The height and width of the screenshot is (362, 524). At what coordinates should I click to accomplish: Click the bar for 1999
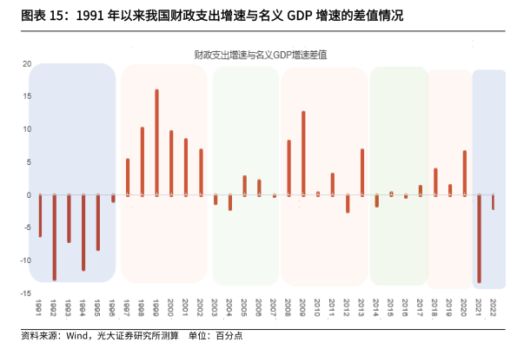pos(156,142)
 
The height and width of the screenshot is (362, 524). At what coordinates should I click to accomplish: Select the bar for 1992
pos(54,237)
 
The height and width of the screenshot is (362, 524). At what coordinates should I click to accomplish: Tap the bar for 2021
pos(479,238)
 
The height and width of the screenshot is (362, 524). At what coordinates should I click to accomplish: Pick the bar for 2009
pos(303,153)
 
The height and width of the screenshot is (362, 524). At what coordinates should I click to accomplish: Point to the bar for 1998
pos(142,161)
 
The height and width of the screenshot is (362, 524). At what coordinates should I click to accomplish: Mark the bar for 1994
pos(83,233)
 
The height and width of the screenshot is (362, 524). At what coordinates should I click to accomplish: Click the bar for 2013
pos(361,172)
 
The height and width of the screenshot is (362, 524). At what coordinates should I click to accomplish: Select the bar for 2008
pos(289,168)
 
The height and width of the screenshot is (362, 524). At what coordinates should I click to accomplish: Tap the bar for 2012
pos(348,204)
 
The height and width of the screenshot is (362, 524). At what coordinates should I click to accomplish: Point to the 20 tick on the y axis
pos(26,64)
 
